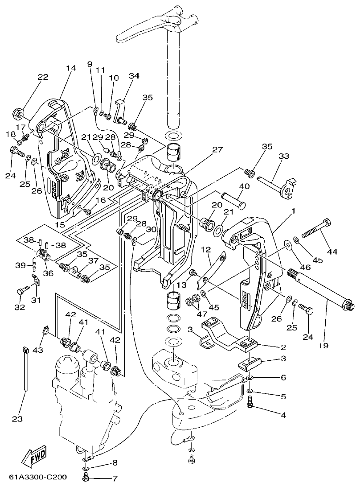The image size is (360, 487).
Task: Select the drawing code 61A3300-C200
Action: pos(38,478)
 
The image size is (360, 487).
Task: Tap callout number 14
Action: pos(71,68)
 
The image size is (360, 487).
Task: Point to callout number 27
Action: pos(217,150)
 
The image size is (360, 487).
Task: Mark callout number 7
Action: pos(115,479)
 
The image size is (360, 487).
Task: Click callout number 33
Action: pos(284,157)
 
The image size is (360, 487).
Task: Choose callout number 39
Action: pos(20,265)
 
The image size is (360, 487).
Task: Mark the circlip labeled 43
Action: pos(46,330)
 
